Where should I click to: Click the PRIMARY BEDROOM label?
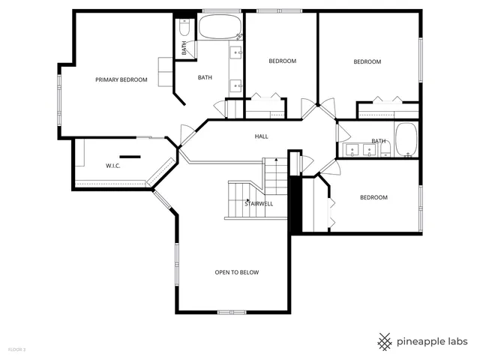click(121, 79)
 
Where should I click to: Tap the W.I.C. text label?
click(113, 166)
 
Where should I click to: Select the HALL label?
click(261, 136)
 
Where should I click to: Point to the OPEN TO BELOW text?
click(236, 272)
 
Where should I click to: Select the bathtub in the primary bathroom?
click(219, 28)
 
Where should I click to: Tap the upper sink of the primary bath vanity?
click(236, 52)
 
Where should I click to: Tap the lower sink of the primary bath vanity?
click(237, 85)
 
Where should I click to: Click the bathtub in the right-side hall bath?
click(406, 140)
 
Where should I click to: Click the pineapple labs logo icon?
click(385, 340)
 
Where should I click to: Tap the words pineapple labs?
click(433, 340)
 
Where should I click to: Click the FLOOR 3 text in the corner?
click(16, 349)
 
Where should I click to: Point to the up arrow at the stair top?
click(276, 160)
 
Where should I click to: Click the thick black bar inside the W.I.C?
click(130, 156)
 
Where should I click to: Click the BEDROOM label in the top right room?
click(367, 61)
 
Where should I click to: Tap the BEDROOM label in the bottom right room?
click(373, 197)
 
